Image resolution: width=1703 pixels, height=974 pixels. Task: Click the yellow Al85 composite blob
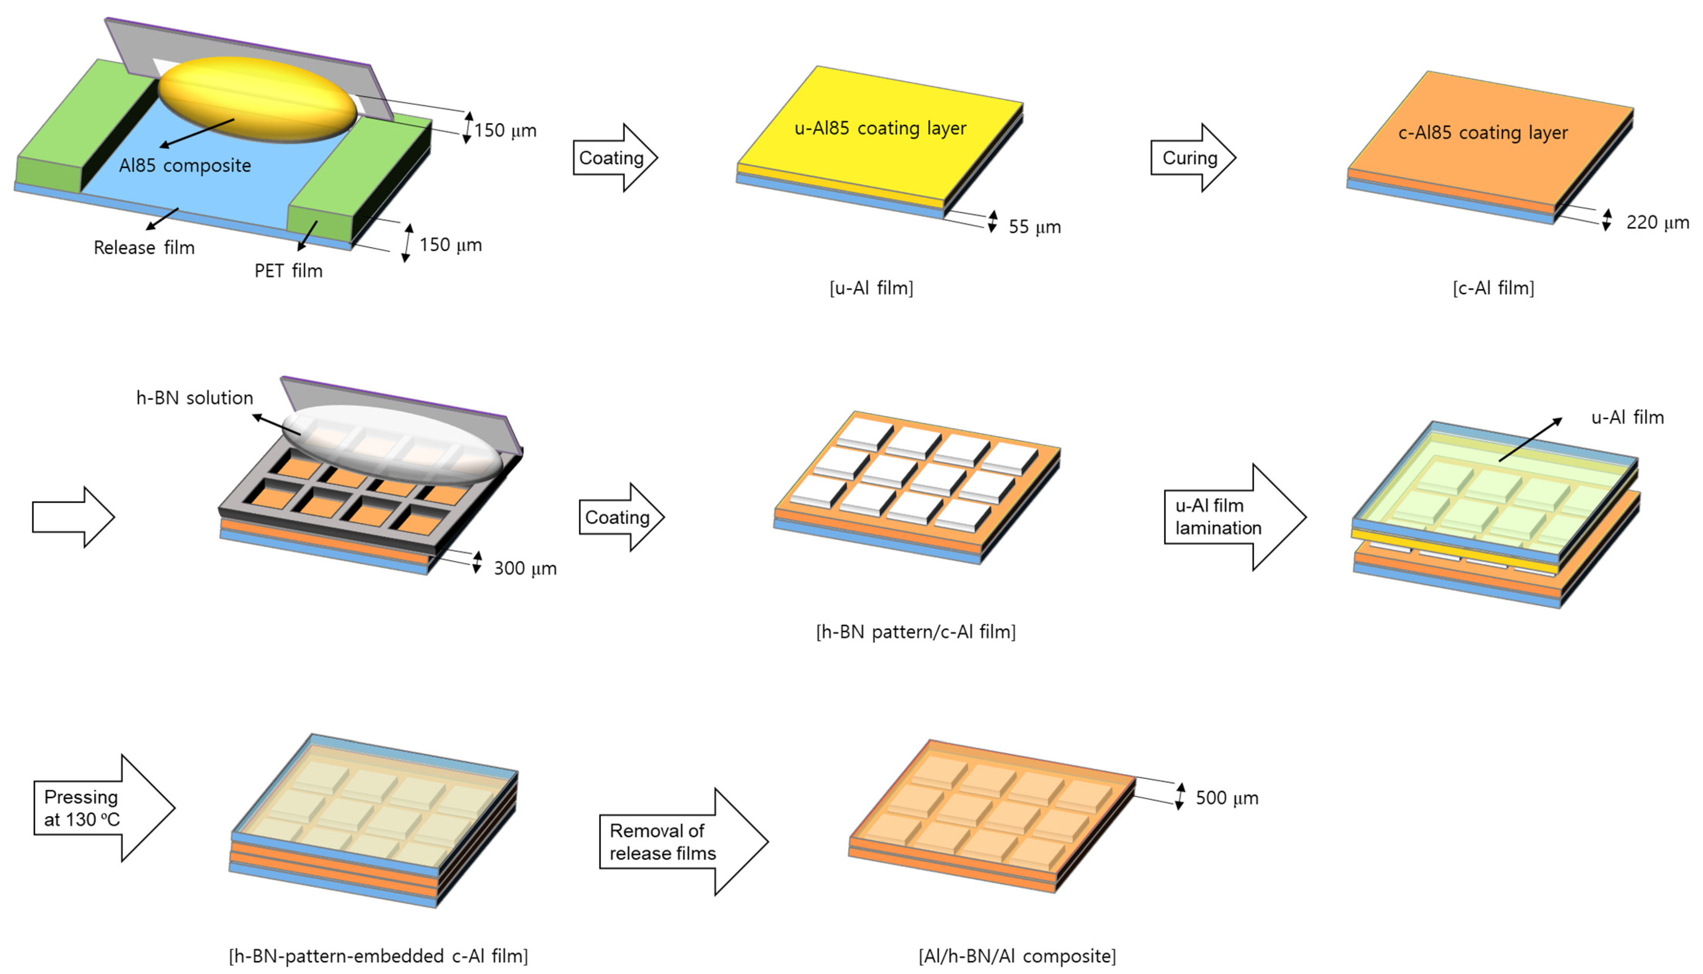pyautogui.click(x=258, y=99)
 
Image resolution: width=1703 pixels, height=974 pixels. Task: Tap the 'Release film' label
pyautogui.click(x=144, y=247)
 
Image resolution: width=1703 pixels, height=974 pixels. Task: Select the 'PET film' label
pyautogui.click(x=288, y=271)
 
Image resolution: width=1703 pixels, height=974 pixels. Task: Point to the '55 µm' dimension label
pyautogui.click(x=1034, y=227)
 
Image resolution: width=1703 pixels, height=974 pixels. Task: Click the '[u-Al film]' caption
pyautogui.click(x=871, y=288)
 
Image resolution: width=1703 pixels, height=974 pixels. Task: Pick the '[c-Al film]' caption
pyautogui.click(x=1493, y=288)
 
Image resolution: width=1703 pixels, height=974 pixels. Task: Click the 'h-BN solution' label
pyautogui.click(x=195, y=398)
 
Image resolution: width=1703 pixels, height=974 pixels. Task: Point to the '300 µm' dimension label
pyautogui.click(x=525, y=568)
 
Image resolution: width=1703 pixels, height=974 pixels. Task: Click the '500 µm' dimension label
pyautogui.click(x=1227, y=798)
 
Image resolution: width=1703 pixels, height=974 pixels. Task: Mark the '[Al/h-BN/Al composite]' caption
pyautogui.click(x=1017, y=956)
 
